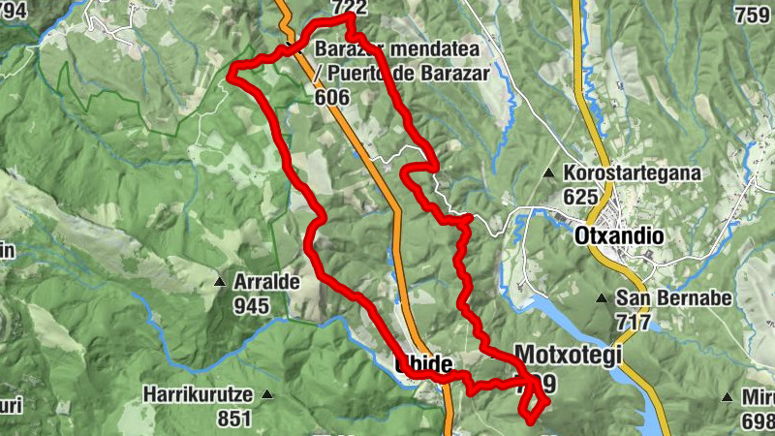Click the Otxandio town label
618,235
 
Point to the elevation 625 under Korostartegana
581,195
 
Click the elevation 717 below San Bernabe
635,320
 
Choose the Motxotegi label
568,355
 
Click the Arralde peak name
267,282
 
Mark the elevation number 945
253,304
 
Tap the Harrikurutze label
198,395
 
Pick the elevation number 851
234,419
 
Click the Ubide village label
424,365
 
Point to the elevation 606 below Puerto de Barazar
332,96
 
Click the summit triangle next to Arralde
220,283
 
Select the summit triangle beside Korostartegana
549,173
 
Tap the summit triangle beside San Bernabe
603,298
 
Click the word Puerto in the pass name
357,74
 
